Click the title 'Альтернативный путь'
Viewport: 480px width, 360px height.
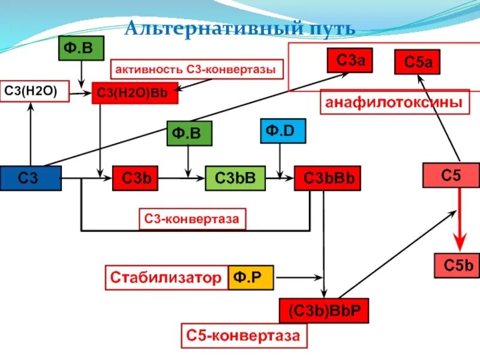coord(240,28)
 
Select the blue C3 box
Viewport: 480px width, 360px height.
coord(31,178)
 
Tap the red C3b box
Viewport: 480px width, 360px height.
coord(135,178)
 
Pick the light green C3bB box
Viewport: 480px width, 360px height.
coord(235,178)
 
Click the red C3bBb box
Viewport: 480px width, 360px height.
coord(327,178)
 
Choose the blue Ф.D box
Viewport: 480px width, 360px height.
coord(283,131)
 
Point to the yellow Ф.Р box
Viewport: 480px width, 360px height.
coord(250,278)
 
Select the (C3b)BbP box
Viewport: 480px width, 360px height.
coord(323,310)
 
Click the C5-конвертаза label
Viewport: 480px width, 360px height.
coord(244,336)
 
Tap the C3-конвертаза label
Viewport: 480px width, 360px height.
coord(193,220)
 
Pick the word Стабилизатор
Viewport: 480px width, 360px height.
coord(166,278)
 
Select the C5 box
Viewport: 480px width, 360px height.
coord(451,175)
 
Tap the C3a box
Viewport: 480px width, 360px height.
coord(350,59)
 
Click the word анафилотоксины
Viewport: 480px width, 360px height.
coord(394,103)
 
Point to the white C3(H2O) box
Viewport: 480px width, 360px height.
coord(34,92)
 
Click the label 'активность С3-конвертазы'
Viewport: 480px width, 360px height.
coord(196,70)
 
